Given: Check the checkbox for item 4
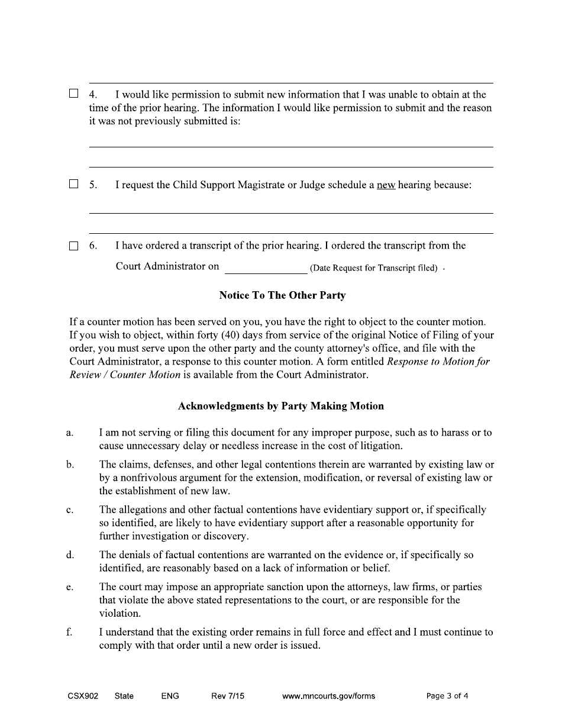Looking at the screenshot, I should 73,94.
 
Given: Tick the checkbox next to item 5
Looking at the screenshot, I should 73,184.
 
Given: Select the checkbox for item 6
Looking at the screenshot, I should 73,246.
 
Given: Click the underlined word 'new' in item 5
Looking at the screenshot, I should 386,185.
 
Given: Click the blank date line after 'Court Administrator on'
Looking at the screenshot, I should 266,268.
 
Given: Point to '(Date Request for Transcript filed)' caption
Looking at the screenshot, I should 373,268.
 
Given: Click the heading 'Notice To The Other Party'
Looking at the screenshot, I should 282,295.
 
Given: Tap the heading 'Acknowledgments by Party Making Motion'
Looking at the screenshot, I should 281,406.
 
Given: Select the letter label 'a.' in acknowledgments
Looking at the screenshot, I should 70,433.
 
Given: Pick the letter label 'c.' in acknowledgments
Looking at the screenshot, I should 70,510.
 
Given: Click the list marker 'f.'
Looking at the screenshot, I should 69,632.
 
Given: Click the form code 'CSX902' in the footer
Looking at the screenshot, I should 83,696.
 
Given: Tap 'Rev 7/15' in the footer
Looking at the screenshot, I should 227,696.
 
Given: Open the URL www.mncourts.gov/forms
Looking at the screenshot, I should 328,696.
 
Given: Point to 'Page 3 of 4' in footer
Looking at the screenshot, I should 447,696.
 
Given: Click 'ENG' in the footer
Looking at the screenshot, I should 170,696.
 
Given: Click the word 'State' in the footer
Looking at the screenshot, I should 124,696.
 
